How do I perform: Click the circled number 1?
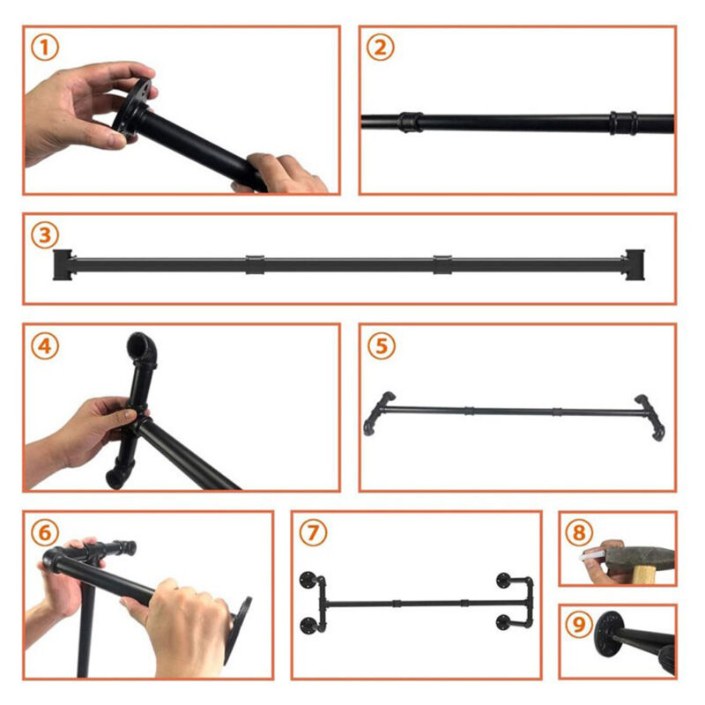[x=45, y=48]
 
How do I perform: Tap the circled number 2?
[x=381, y=48]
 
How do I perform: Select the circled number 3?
[x=45, y=234]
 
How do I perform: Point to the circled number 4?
[x=45, y=346]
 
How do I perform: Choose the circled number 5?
[x=382, y=346]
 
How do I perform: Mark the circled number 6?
[x=45, y=533]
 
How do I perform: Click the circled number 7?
[x=313, y=533]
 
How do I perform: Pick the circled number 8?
[x=579, y=533]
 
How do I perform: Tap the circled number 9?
[x=579, y=624]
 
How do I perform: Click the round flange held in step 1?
[x=131, y=108]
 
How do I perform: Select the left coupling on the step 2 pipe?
[x=411, y=122]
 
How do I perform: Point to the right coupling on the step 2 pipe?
[x=623, y=122]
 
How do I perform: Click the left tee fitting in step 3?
[x=63, y=265]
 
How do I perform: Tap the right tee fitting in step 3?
[x=634, y=264]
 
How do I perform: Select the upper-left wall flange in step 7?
[x=309, y=580]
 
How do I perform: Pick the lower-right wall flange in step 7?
[x=505, y=622]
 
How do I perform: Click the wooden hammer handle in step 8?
[x=644, y=575]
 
